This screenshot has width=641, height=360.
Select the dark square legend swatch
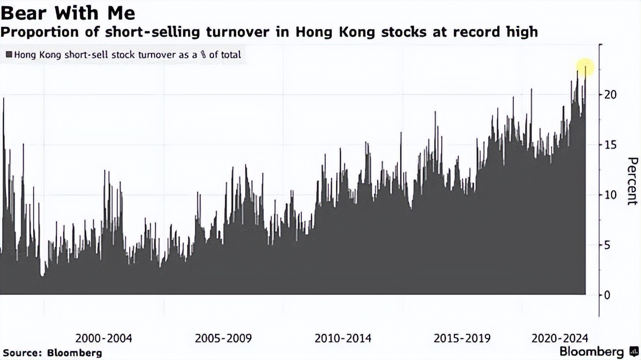[9, 54]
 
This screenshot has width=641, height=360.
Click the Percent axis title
[631, 181]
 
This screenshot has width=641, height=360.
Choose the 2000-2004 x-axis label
[104, 338]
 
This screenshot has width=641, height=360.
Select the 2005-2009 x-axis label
[223, 338]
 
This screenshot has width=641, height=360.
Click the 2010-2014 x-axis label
[343, 338]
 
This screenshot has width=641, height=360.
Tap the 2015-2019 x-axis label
[462, 338]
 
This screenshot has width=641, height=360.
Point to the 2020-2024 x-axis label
[560, 338]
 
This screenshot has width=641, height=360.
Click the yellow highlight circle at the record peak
[586, 67]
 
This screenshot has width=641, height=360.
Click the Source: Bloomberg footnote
[52, 353]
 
